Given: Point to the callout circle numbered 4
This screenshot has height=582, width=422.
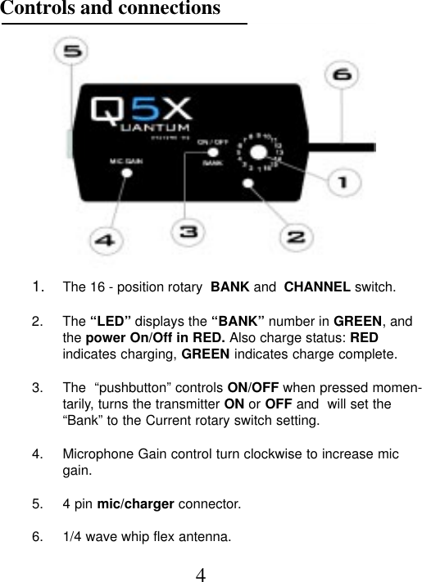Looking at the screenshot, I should [x=104, y=241].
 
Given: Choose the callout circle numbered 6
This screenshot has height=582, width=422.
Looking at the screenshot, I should [x=343, y=76].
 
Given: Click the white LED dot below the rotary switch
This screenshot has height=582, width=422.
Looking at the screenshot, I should [x=248, y=183].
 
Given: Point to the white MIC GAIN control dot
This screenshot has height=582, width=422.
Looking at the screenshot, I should [x=126, y=173].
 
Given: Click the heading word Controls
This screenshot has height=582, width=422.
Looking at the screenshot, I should [x=34, y=9].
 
